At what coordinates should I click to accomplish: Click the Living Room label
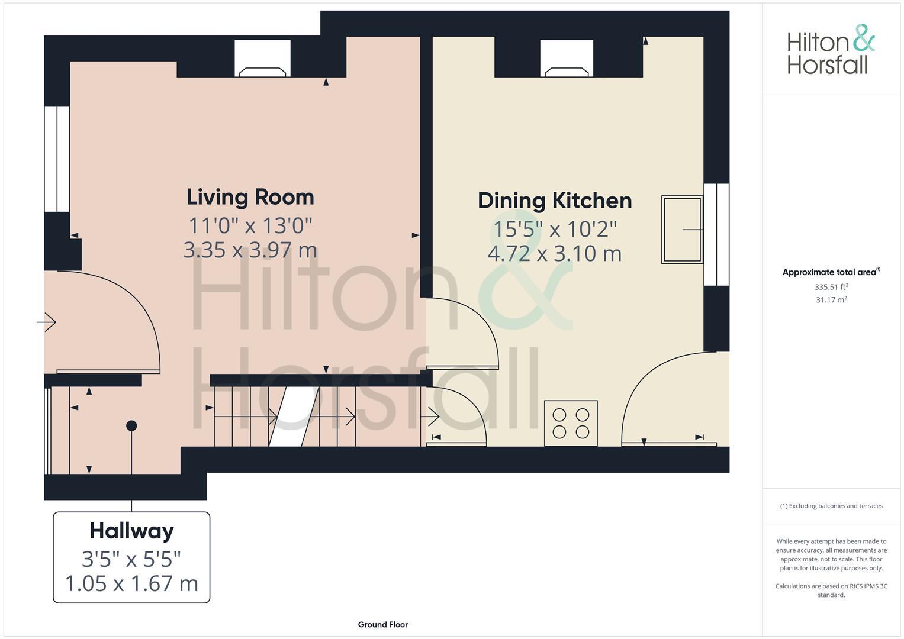pos(250,197)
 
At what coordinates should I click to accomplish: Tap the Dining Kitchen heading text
pos(555,201)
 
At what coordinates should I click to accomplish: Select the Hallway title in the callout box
pos(131,531)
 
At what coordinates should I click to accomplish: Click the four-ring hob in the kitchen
pos(571,423)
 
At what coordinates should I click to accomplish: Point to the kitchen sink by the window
pos(681,230)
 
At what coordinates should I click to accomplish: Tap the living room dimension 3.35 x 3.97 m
pos(250,250)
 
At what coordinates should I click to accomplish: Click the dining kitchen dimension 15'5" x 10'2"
pos(555,228)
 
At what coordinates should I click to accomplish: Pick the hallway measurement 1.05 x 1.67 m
pos(131,583)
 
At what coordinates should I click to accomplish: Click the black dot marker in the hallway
pos(131,425)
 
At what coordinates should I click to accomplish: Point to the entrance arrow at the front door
pos(47,322)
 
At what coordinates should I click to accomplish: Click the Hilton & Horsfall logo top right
pos(830,50)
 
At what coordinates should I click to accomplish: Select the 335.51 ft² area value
pos(831,287)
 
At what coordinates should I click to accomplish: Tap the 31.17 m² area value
pos(831,300)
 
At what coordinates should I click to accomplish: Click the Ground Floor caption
pos(382,624)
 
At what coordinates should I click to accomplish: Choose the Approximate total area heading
pos(831,272)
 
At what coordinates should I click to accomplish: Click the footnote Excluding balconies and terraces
pos(831,506)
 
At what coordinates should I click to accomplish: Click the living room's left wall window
pos(57,159)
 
